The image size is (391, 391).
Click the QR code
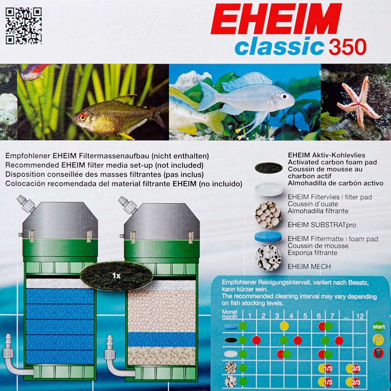[x=24, y=26]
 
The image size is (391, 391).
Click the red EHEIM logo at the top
[x=276, y=19]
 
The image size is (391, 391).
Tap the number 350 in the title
[x=348, y=47]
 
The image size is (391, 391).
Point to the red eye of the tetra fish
[x=82, y=117]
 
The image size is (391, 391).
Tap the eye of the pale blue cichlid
[x=284, y=96]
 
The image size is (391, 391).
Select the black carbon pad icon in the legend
[x=269, y=168]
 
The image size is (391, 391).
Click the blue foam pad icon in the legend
[x=268, y=237]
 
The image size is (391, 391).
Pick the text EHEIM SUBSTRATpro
[x=322, y=225]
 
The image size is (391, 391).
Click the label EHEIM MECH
[x=309, y=267]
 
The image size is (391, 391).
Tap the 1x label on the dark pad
[x=116, y=276]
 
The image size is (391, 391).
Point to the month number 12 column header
[x=360, y=316]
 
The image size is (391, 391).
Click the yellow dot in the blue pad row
[x=284, y=326]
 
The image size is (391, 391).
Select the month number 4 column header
[x=291, y=316]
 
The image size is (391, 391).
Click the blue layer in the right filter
[x=161, y=339]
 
